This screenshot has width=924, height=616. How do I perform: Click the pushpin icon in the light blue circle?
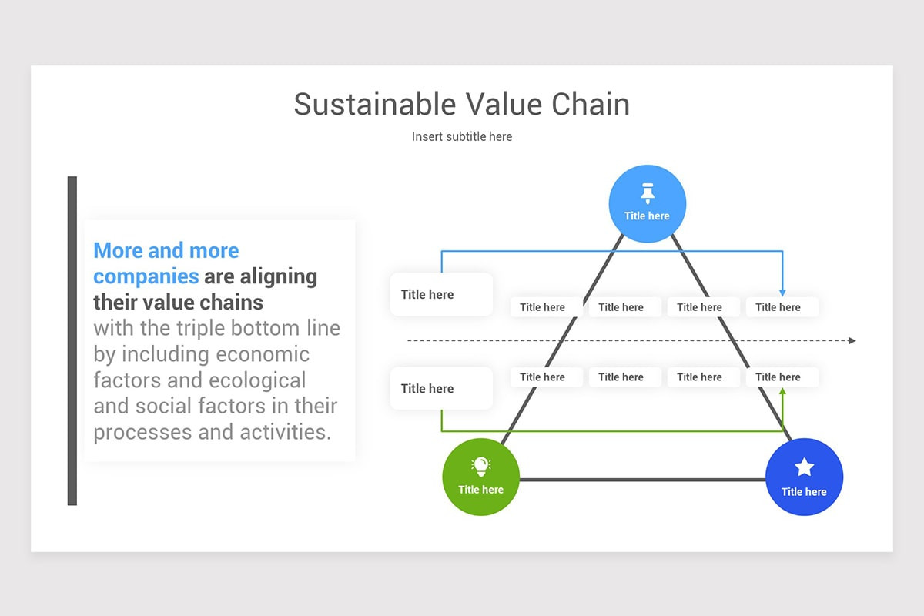coord(647,192)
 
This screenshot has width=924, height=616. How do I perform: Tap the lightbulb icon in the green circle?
coord(480,466)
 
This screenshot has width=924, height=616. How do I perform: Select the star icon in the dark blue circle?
coord(804,467)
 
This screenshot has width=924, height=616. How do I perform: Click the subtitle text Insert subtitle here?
coord(462,136)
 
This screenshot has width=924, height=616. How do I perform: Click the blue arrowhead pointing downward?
coord(782,292)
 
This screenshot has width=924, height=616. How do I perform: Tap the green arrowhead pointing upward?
coord(782,392)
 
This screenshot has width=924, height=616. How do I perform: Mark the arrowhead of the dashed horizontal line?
coord(852,340)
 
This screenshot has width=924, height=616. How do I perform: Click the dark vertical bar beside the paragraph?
coord(72,340)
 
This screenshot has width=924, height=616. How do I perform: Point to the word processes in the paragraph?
coord(142,432)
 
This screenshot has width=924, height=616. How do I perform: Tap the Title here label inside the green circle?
coord(480,490)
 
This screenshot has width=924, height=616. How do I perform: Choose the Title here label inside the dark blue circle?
coord(804,492)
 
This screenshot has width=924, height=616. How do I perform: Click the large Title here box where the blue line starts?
coord(441,294)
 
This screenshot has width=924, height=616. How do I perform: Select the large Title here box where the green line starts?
coord(441,388)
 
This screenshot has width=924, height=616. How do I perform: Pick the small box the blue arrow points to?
coord(782,307)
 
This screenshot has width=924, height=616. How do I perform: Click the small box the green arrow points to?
coord(782,377)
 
